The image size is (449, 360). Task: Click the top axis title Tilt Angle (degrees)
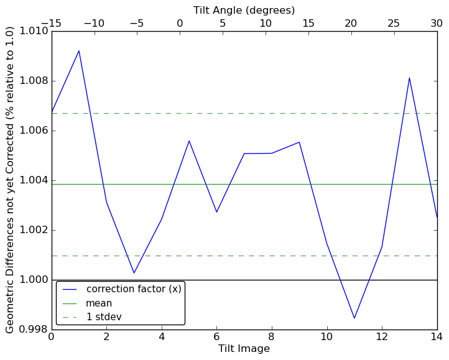tap(244, 10)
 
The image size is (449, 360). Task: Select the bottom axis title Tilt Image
tap(244, 349)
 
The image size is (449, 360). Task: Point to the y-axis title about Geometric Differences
tap(10, 180)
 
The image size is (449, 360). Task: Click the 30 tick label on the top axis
tap(437, 23)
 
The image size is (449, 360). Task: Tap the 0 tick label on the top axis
tap(180, 23)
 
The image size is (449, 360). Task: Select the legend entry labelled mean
tap(99, 303)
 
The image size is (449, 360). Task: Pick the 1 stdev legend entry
tap(104, 317)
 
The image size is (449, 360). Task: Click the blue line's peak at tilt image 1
tap(79, 50)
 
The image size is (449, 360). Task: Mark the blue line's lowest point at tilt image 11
tap(354, 318)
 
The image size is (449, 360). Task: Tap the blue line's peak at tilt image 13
tap(409, 78)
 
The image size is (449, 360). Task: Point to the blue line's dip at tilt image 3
tap(134, 273)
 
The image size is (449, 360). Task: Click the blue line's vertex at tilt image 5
tap(189, 141)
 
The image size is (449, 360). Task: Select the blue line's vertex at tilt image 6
tap(216, 212)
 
